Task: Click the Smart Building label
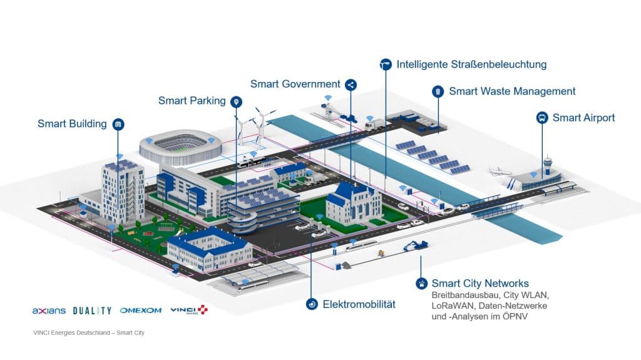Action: [x=72, y=123]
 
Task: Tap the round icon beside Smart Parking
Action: [x=236, y=101]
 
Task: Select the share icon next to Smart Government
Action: [x=351, y=85]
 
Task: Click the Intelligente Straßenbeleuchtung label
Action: [x=473, y=64]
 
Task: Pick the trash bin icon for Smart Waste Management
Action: [x=438, y=91]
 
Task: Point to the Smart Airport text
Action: [x=583, y=118]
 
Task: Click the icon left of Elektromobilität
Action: [x=311, y=304]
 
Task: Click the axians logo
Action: [x=48, y=311]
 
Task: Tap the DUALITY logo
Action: [x=92, y=311]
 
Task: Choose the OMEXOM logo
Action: [x=140, y=311]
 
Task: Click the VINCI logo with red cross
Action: [x=188, y=310]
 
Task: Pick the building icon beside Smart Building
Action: [x=118, y=124]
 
